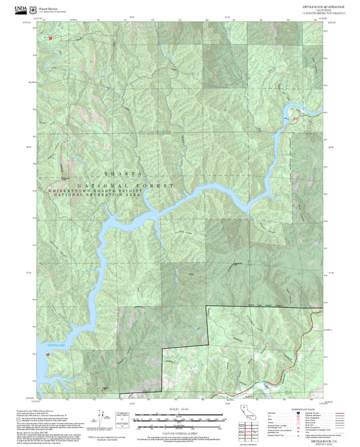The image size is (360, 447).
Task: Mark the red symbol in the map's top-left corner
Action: tap(50, 38)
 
